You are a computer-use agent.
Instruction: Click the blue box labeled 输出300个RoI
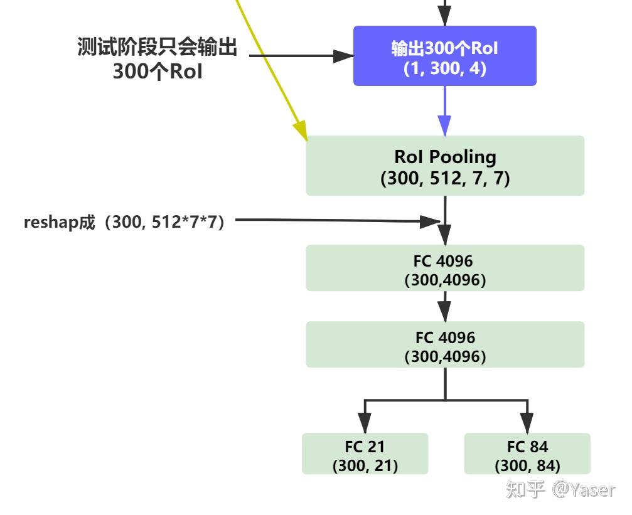[x=444, y=56]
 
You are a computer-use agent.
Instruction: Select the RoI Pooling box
[x=445, y=166]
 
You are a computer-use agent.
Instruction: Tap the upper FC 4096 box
[x=445, y=268]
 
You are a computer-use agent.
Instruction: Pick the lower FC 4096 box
[x=445, y=344]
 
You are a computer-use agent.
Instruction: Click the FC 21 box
[x=365, y=454]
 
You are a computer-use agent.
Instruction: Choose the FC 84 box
[x=527, y=454]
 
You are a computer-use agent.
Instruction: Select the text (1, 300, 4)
[x=444, y=70]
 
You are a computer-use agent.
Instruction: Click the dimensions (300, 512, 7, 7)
[x=445, y=179]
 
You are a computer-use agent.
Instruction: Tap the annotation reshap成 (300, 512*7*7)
[x=124, y=222]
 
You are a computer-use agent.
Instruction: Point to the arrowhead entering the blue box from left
[x=343, y=56]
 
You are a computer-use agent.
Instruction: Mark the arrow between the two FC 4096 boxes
[x=445, y=307]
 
